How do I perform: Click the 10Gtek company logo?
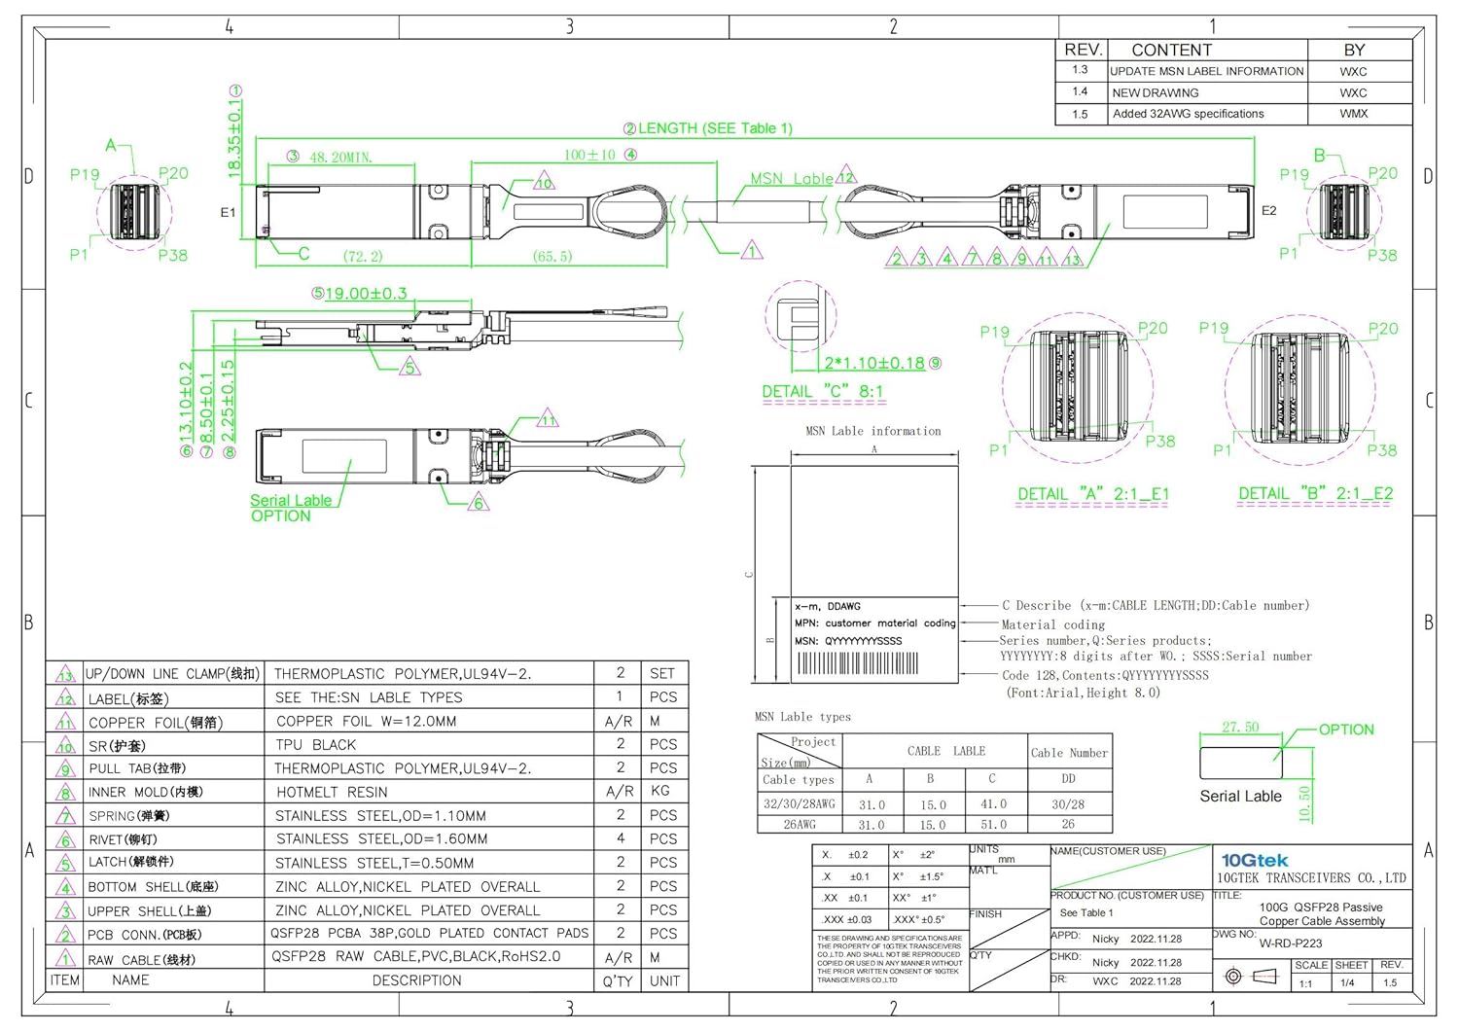(x=1254, y=860)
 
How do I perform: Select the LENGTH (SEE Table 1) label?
(x=715, y=128)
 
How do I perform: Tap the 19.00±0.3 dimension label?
(x=366, y=293)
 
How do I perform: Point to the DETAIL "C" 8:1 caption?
(x=822, y=391)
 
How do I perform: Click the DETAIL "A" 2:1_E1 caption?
(x=1092, y=494)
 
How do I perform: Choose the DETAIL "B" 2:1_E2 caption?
(x=1315, y=494)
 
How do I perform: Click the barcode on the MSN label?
(x=857, y=663)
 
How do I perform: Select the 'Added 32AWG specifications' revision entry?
(x=1188, y=114)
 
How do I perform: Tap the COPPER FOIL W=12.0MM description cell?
(x=366, y=722)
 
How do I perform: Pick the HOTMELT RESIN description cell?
(x=332, y=793)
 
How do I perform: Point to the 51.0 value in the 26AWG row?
(x=993, y=825)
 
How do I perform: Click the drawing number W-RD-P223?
(x=1290, y=943)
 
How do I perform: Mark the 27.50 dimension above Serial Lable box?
(x=1240, y=728)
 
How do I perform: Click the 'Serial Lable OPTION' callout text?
(x=290, y=508)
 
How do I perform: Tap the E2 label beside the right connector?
(x=1268, y=210)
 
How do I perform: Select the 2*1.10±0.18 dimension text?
(x=874, y=364)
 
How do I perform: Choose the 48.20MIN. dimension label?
(x=340, y=157)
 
